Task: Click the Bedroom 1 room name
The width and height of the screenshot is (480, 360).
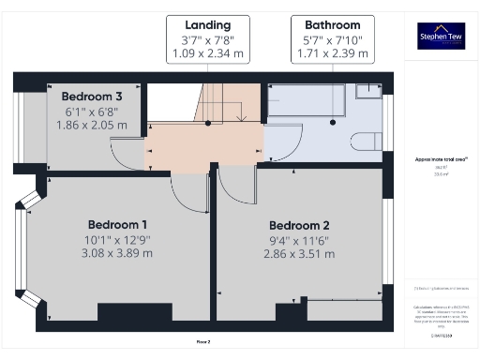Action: (x=118, y=225)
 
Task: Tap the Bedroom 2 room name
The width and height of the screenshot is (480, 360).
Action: (x=299, y=226)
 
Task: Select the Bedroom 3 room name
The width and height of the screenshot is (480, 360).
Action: (x=91, y=97)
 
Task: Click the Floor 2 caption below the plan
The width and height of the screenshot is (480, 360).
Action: (x=203, y=341)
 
